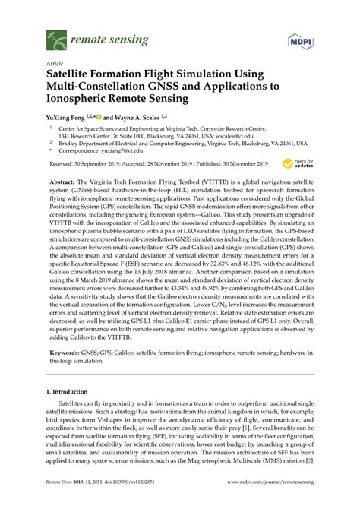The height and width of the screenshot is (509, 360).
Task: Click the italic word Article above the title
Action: coord(55,65)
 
